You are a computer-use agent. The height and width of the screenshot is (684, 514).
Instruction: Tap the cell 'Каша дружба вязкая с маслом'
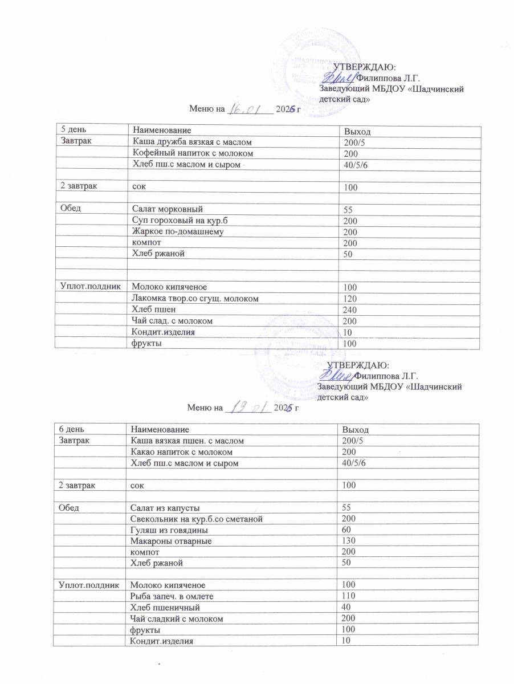(x=192, y=141)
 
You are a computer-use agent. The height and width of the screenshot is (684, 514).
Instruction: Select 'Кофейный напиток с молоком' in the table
(x=193, y=153)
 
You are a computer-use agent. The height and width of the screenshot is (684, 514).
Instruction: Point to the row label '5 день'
(x=71, y=131)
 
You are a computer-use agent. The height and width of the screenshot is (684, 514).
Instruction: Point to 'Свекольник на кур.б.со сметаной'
(x=197, y=518)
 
